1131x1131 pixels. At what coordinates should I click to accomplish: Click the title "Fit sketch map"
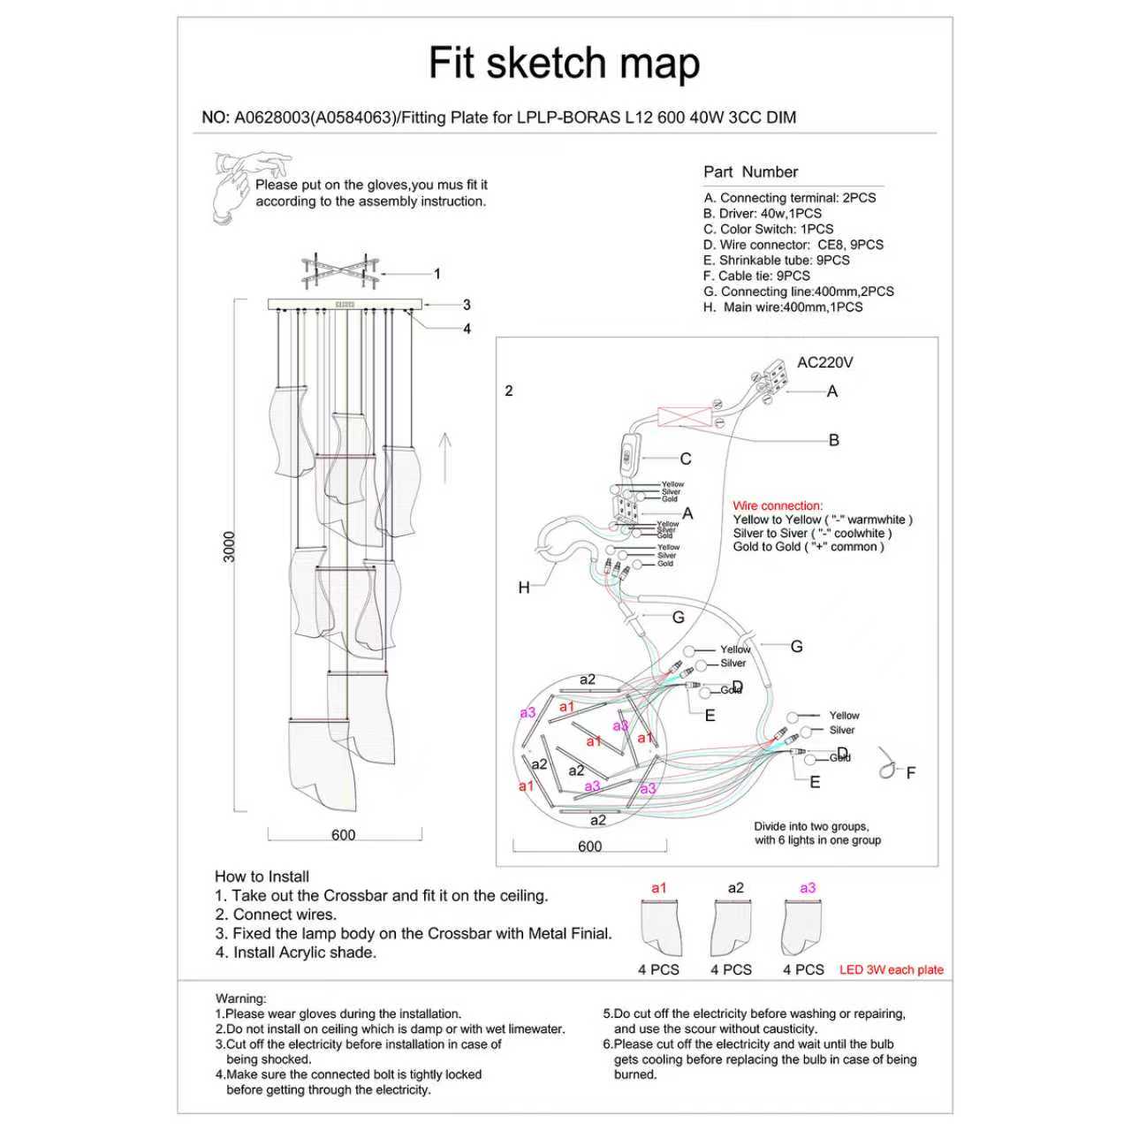click(x=564, y=64)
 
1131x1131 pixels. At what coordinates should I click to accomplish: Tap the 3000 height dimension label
click(x=230, y=548)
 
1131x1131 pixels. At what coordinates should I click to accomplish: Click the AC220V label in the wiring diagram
click(x=824, y=362)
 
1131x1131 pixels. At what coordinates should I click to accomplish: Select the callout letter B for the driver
click(x=833, y=440)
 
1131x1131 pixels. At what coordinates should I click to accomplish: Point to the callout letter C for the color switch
click(x=686, y=459)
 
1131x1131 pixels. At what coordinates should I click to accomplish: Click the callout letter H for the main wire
click(x=524, y=588)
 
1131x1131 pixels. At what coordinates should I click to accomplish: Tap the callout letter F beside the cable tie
click(x=911, y=773)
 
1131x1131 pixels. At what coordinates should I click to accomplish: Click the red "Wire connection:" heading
click(x=777, y=506)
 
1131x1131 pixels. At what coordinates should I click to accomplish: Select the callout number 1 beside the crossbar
click(x=436, y=274)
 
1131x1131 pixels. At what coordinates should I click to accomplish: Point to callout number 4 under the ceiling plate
click(x=467, y=329)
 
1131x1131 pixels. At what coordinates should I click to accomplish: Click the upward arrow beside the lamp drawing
click(x=445, y=456)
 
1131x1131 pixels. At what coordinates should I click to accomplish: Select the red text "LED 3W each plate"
click(x=891, y=969)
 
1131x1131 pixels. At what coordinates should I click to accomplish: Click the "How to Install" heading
click(x=262, y=877)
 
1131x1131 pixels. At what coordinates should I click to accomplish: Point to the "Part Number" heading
click(x=750, y=172)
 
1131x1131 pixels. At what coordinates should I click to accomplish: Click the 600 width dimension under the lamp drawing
click(x=344, y=835)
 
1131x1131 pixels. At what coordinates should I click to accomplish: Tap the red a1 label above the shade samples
click(x=658, y=888)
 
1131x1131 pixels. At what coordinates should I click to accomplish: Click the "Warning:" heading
click(x=240, y=998)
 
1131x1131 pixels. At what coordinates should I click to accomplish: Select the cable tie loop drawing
click(x=887, y=766)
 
